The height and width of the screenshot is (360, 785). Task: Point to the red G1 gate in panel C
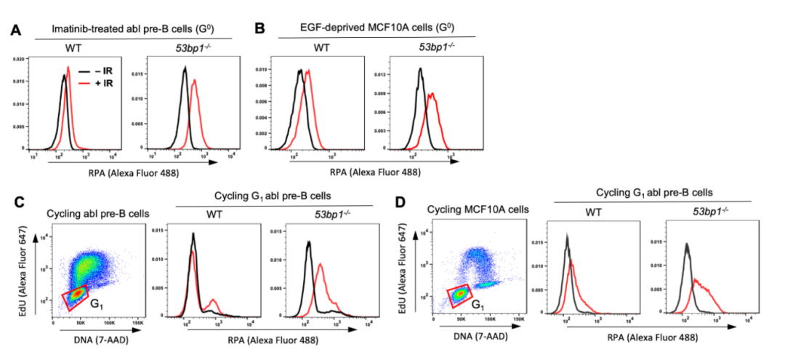click(75, 296)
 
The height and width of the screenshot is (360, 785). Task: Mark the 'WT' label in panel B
click(321, 48)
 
